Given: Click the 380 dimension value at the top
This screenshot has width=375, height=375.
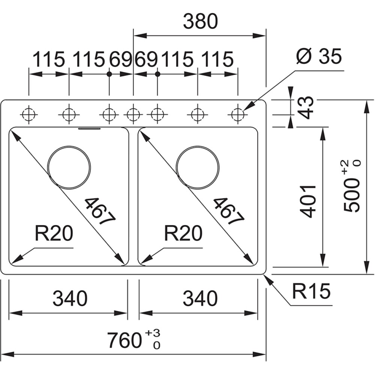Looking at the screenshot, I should pos(200,22).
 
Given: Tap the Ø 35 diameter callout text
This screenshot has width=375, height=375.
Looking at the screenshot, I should pos(318,57).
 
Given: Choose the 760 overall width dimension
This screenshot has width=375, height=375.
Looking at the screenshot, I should pos(124,340).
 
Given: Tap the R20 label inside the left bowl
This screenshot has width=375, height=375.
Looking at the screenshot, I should pos(54,234).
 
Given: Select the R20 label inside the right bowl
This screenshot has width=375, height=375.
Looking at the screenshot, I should pos(183,234).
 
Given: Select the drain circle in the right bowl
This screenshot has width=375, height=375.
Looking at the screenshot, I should pos(198,166).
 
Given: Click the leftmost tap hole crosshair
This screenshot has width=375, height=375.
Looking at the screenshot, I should pos(28,114).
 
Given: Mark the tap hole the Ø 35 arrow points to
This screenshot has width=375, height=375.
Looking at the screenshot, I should pos(237,114).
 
